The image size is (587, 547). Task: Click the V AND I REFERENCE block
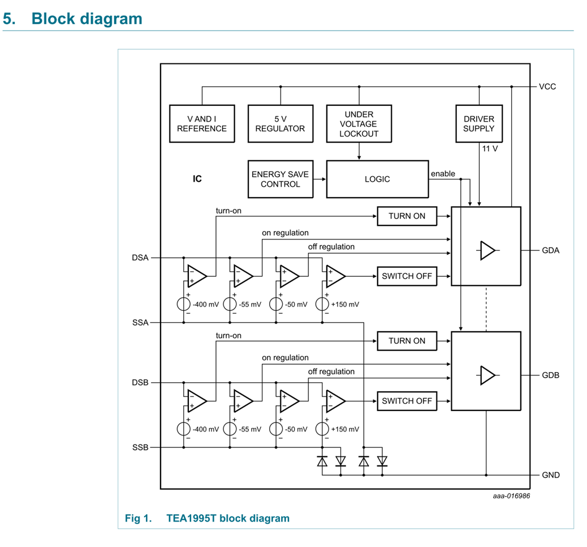(x=202, y=123)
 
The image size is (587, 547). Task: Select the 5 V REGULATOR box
(x=280, y=123)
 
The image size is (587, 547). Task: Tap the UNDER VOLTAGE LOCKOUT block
(x=359, y=123)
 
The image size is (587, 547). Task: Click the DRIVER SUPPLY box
(x=479, y=123)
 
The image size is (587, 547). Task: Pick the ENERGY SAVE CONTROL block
(x=280, y=179)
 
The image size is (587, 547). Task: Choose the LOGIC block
(x=377, y=179)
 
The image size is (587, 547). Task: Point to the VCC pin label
(x=547, y=87)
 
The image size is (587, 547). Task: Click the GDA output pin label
(x=550, y=250)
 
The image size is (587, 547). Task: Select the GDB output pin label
(x=550, y=375)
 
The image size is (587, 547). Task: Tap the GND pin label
(x=551, y=475)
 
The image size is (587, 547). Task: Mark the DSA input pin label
(x=140, y=258)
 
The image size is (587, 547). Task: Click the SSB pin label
(x=140, y=447)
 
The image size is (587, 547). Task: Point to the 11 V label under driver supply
(x=490, y=148)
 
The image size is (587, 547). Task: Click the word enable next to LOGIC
(x=443, y=174)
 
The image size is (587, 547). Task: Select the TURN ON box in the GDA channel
(x=407, y=216)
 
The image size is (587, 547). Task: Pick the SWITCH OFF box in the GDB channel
(x=407, y=401)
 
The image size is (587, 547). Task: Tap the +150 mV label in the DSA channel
(x=346, y=304)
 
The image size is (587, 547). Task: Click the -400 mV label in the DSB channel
(x=206, y=429)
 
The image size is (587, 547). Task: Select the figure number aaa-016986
(x=511, y=496)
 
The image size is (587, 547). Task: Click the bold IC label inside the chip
(x=197, y=179)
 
